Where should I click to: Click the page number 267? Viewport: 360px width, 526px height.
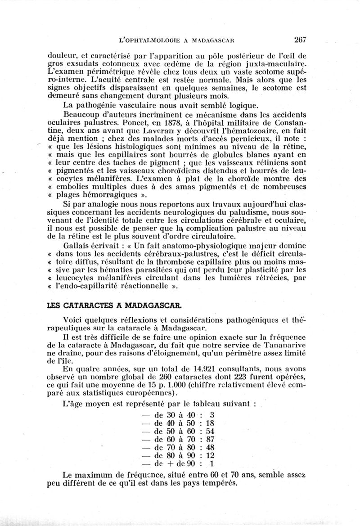click(298, 39)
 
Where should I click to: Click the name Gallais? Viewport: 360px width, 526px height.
click(80, 245)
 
